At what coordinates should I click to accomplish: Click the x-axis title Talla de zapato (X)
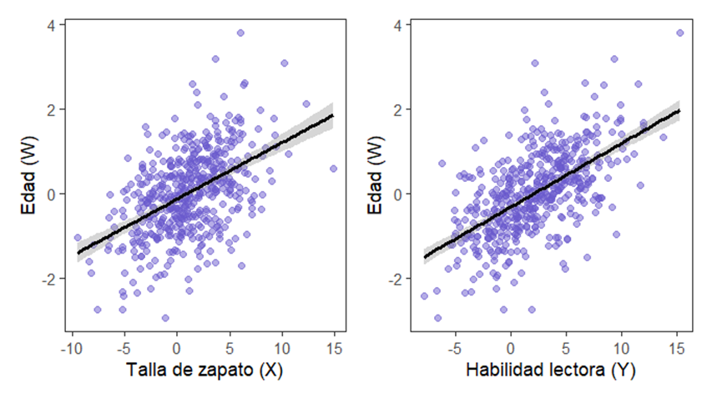coord(205,371)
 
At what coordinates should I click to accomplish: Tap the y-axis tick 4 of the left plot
coord(51,25)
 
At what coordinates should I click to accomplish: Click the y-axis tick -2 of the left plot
coord(48,278)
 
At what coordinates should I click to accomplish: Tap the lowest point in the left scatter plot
coord(165,318)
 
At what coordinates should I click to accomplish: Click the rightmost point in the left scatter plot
coord(333,169)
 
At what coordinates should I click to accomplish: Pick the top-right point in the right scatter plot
coord(679,33)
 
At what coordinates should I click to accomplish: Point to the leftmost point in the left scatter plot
coord(78,238)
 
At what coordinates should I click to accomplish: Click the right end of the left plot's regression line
coord(333,115)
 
